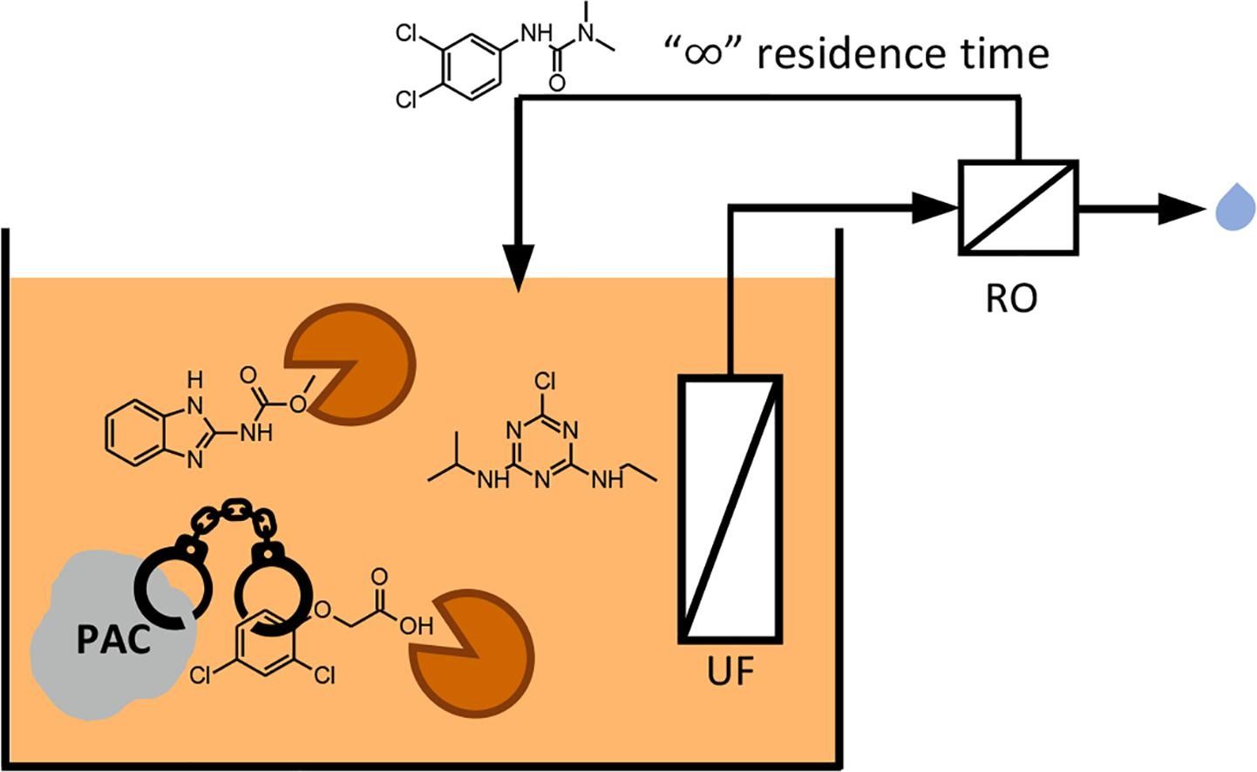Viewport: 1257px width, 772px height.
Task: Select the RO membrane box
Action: pyautogui.click(x=1018, y=207)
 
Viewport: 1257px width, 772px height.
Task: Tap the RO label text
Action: pyautogui.click(x=1011, y=298)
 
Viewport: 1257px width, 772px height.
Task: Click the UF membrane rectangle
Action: pyautogui.click(x=730, y=509)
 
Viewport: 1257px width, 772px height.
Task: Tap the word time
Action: pyautogui.click(x=1002, y=54)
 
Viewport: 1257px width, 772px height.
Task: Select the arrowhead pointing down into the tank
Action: pyautogui.click(x=519, y=269)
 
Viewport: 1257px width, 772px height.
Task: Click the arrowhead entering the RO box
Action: pyautogui.click(x=938, y=207)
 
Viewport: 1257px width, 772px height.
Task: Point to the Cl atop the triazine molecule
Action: pyautogui.click(x=544, y=381)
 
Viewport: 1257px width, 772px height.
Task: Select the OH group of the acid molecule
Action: pyautogui.click(x=417, y=625)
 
